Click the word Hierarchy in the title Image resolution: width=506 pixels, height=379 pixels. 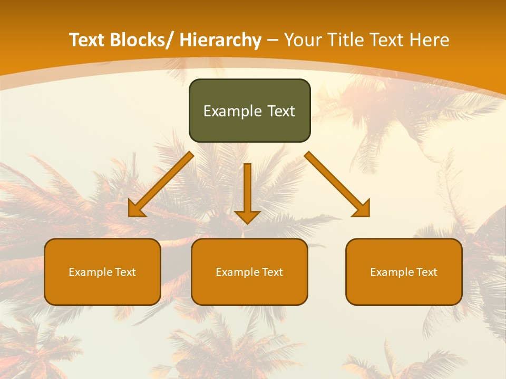click(x=220, y=40)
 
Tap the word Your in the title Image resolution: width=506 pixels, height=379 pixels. click(x=302, y=40)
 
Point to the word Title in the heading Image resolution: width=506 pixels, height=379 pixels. click(x=346, y=40)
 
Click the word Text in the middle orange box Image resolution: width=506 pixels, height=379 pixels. click(x=271, y=272)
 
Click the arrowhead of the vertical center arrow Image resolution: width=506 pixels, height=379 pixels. click(x=247, y=216)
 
